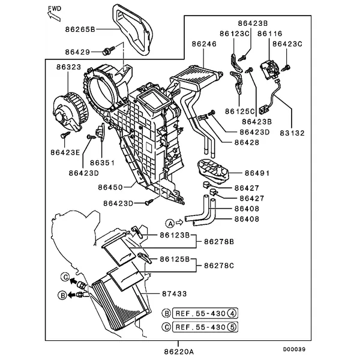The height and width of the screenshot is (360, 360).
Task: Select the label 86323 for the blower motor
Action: (69, 68)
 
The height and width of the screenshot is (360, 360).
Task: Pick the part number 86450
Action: (112, 187)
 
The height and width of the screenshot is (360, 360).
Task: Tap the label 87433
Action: (175, 293)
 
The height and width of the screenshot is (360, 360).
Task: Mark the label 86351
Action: (101, 163)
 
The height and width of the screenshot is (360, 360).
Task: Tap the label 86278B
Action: (218, 242)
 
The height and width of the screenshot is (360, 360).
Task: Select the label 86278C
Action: (218, 265)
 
